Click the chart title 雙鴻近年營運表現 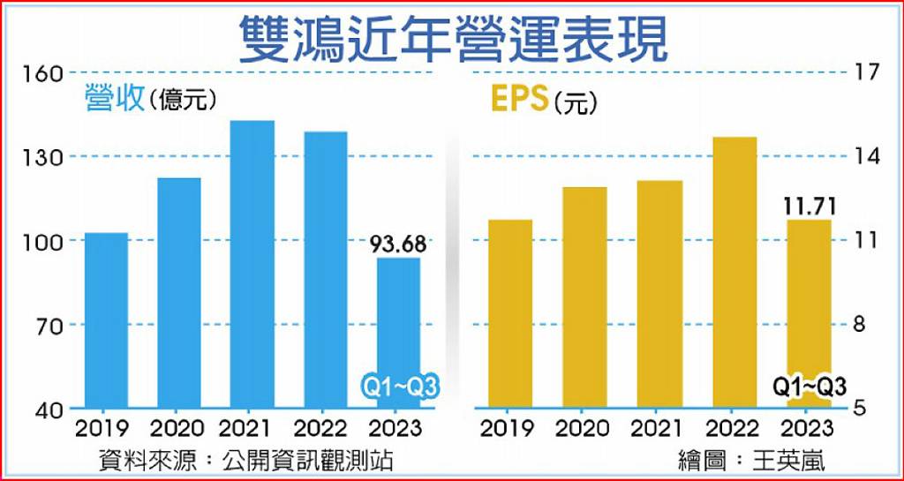coord(453,39)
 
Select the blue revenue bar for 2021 coord(252,265)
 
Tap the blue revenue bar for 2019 coord(106,320)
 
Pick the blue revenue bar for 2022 coord(325,270)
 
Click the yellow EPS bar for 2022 coord(734,273)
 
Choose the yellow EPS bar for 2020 coord(585,297)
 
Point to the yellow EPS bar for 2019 coord(510,314)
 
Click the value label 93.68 coord(398,244)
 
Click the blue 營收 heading coord(113,98)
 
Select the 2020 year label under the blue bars coord(177,429)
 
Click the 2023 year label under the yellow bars coord(807,429)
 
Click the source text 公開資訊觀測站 coord(316,461)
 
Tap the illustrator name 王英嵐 coord(789,461)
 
